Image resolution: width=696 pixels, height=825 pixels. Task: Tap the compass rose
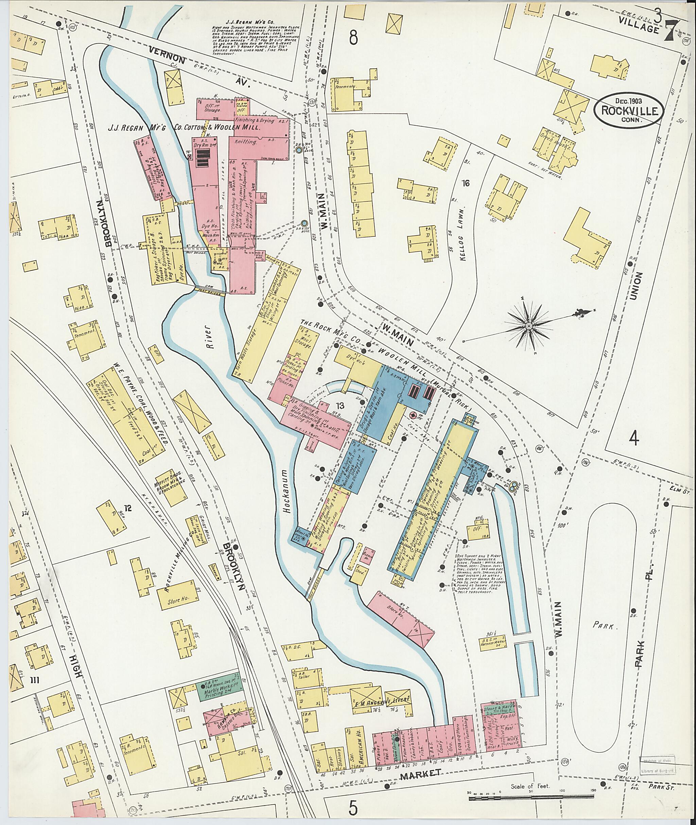528,326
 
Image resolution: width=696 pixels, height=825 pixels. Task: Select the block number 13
340,405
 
